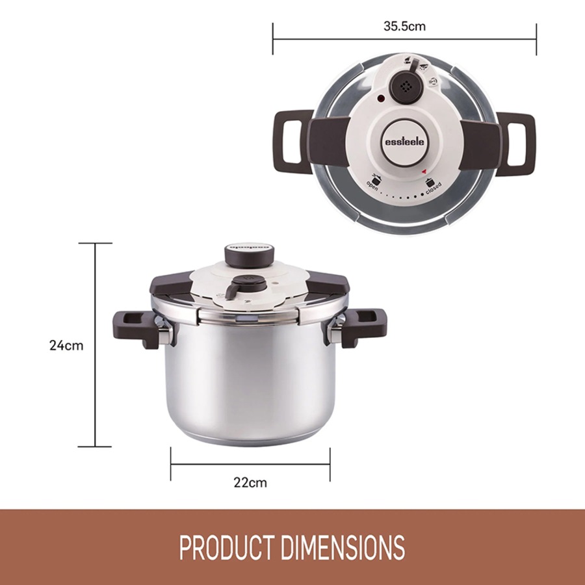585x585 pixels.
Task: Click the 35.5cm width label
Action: click(x=404, y=27)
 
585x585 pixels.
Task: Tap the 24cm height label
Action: click(x=66, y=345)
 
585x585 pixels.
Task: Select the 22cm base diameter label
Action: click(x=250, y=482)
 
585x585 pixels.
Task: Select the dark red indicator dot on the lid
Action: click(x=380, y=99)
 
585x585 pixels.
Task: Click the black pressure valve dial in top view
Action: click(x=405, y=86)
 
